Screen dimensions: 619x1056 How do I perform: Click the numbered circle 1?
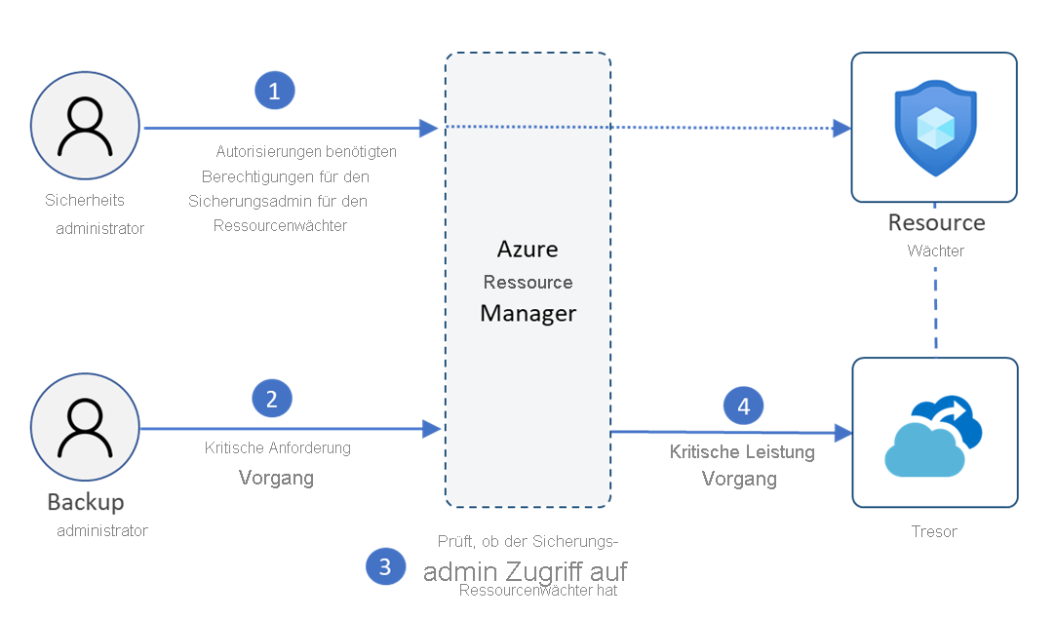[274, 91]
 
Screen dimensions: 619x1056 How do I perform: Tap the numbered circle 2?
[272, 398]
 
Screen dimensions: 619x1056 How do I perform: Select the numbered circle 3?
[385, 566]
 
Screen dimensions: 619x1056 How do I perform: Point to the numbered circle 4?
[744, 405]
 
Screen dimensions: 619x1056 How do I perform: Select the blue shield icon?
[934, 127]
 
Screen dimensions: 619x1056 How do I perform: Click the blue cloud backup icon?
[934, 435]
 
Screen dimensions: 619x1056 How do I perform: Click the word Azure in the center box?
[528, 249]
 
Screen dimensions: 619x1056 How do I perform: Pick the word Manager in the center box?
[528, 314]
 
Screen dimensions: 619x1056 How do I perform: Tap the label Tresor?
[934, 531]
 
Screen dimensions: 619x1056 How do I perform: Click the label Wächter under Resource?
[935, 251]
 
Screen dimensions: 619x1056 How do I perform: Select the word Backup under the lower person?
[86, 503]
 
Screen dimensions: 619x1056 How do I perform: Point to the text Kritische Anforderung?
[278, 448]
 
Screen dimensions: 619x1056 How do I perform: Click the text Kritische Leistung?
[742, 452]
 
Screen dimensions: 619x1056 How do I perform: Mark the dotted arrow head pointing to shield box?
[841, 128]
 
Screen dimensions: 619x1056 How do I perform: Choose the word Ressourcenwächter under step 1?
[280, 225]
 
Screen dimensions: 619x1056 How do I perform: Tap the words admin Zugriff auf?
[525, 571]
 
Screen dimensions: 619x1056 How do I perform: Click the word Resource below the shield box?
[936, 222]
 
